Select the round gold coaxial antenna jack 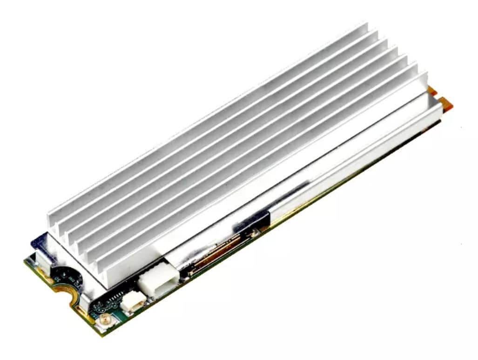point(106,320)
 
